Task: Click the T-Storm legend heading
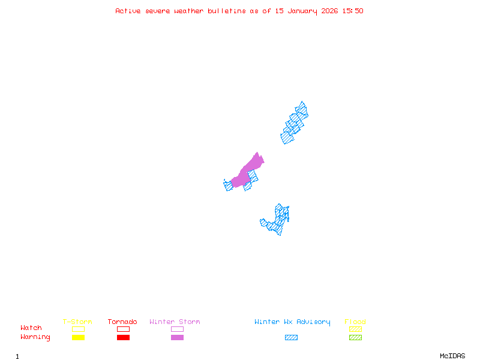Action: [x=77, y=322]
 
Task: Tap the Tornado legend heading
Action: [x=122, y=322]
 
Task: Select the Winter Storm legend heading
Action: [x=175, y=322]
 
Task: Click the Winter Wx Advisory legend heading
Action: [x=292, y=322]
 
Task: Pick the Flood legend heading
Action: [x=355, y=322]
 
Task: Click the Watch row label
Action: [x=31, y=328]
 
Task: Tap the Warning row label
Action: [x=35, y=337]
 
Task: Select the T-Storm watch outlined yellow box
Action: [x=78, y=329]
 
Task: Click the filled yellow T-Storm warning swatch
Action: [x=78, y=338]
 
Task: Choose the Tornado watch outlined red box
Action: [x=123, y=329]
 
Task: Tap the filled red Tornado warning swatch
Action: [x=123, y=338]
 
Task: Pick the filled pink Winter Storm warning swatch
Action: [x=177, y=338]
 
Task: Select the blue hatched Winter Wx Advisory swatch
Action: [x=291, y=338]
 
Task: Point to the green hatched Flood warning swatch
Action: [x=355, y=338]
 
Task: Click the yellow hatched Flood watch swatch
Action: [x=355, y=329]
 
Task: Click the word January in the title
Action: [x=302, y=11]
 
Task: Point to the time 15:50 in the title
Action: [x=352, y=11]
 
